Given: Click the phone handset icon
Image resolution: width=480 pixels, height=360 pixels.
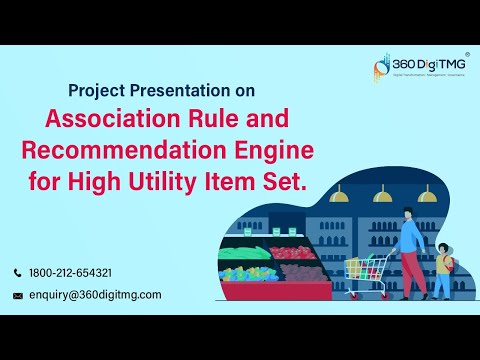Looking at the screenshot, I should (17, 273).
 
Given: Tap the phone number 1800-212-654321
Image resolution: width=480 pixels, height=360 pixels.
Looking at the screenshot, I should (70, 273).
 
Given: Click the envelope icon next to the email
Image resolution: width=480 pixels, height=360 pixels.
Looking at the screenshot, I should (17, 295).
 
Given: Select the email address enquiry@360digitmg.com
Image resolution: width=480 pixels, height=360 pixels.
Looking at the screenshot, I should (95, 295).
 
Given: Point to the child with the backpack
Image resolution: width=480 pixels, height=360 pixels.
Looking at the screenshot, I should (441, 274).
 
